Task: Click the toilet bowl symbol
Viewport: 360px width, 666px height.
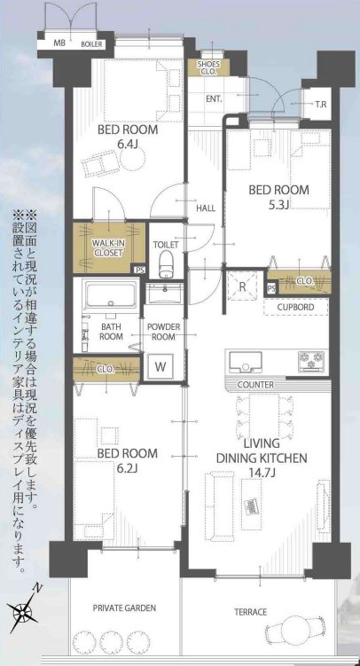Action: (x=166, y=263)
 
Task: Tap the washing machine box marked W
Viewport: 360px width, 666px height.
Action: (x=160, y=366)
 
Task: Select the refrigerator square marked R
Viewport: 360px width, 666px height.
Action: (x=242, y=286)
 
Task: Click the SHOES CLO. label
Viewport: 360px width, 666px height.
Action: (x=207, y=67)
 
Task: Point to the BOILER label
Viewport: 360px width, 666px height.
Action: (x=91, y=44)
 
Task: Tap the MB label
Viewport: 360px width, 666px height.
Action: (x=59, y=43)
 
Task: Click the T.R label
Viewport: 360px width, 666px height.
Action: (x=321, y=104)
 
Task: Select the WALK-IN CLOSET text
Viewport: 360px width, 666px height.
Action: (x=107, y=249)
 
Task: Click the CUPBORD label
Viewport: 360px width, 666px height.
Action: (x=296, y=307)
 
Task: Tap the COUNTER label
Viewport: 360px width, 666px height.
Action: (x=255, y=385)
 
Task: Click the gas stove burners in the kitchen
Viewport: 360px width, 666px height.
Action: (x=313, y=362)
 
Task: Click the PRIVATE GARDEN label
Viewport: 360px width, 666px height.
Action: (x=124, y=607)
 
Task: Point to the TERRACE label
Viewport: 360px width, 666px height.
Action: (x=251, y=612)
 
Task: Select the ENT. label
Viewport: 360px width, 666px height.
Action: (x=215, y=99)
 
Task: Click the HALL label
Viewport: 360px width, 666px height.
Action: (x=206, y=208)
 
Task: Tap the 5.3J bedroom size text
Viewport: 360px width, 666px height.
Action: (x=279, y=205)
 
